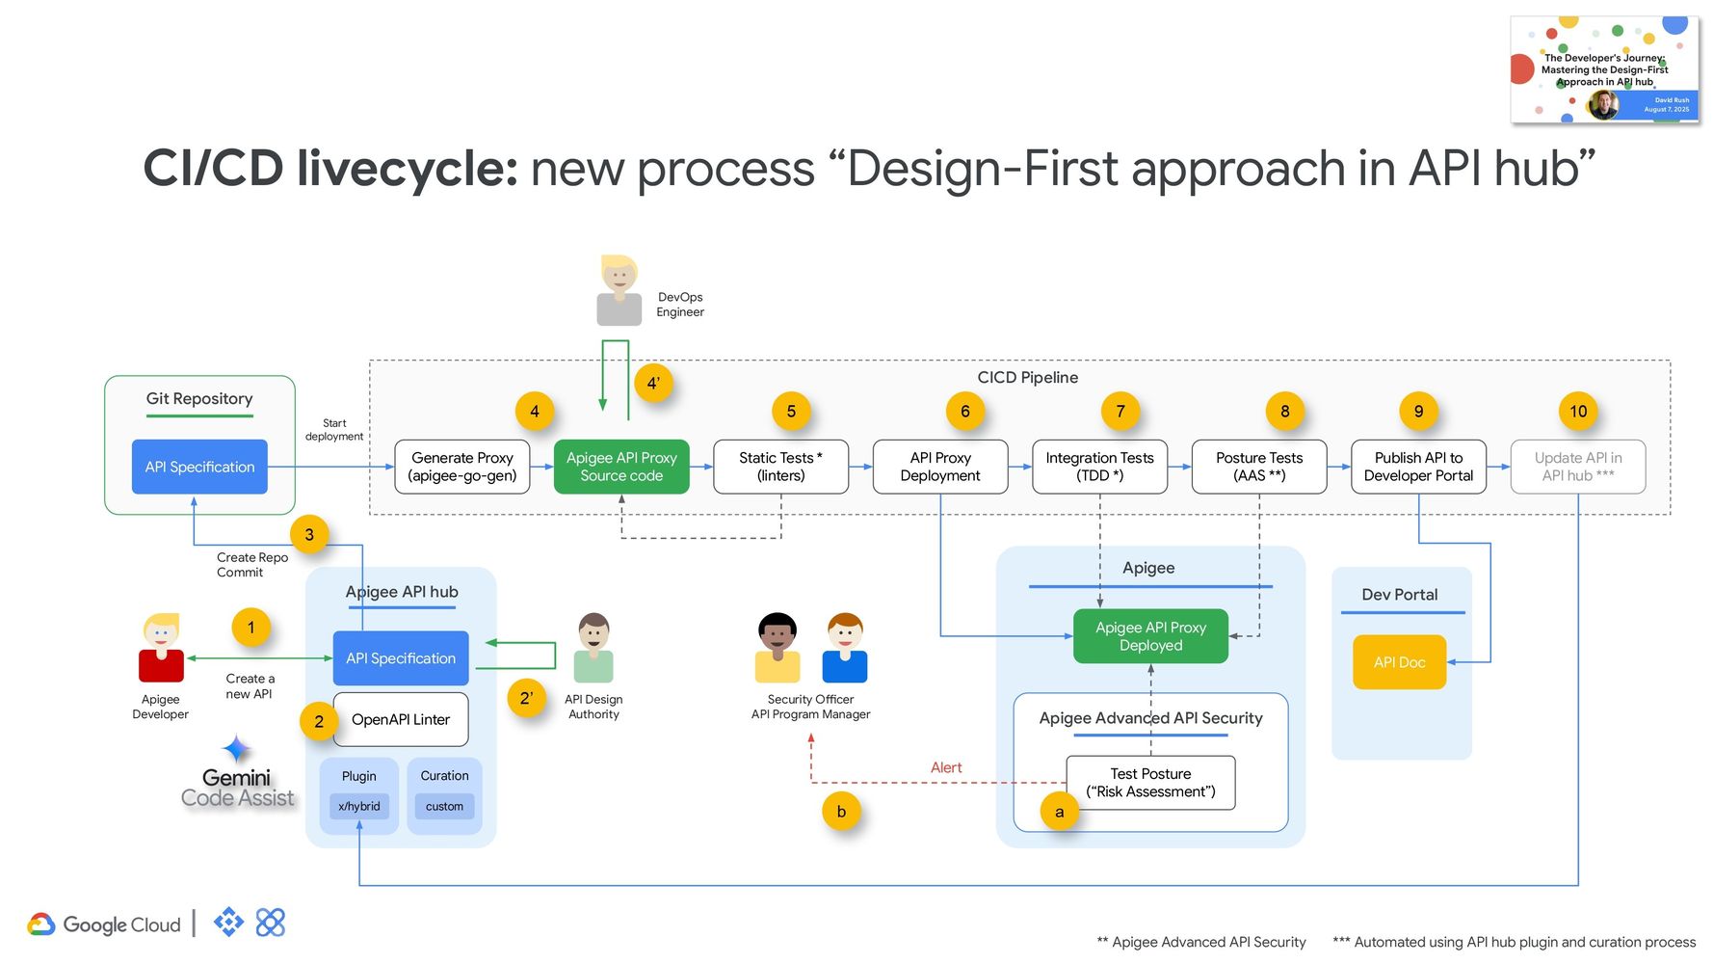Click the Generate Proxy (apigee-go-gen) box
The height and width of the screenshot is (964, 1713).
pyautogui.click(x=461, y=467)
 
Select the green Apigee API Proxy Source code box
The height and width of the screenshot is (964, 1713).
pyautogui.click(x=621, y=467)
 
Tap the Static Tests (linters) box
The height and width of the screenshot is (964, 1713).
pyautogui.click(x=780, y=467)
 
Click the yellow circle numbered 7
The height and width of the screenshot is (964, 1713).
pyautogui.click(x=1120, y=412)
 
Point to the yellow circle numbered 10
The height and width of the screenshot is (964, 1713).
pyautogui.click(x=1577, y=412)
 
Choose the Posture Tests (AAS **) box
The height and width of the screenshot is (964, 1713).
pyautogui.click(x=1258, y=467)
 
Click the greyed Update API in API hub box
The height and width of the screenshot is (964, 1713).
pyautogui.click(x=1577, y=467)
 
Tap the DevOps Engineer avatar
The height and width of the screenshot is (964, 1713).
pyautogui.click(x=619, y=290)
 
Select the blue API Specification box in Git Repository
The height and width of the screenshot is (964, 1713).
pyautogui.click(x=199, y=467)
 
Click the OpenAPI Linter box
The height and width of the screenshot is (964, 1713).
pyautogui.click(x=401, y=719)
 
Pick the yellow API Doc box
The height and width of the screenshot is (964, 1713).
pyautogui.click(x=1399, y=662)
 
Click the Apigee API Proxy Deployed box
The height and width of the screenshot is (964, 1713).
pyautogui.click(x=1150, y=636)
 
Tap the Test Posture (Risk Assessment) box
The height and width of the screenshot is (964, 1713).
pyautogui.click(x=1150, y=783)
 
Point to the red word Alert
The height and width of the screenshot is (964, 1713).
pyautogui.click(x=945, y=767)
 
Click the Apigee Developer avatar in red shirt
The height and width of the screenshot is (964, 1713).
pyautogui.click(x=161, y=648)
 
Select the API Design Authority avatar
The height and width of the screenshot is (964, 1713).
pyautogui.click(x=593, y=648)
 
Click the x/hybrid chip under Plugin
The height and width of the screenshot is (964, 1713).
pyautogui.click(x=358, y=806)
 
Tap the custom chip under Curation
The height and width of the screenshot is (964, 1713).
pyautogui.click(x=444, y=806)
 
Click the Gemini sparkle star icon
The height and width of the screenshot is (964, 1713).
pyautogui.click(x=236, y=749)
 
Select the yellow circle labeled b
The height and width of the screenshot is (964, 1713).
pyautogui.click(x=841, y=812)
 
